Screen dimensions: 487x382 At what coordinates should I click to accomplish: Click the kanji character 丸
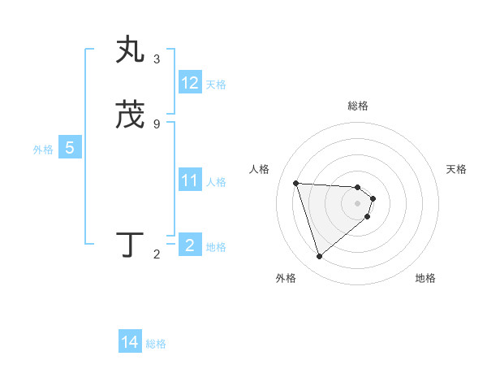(130, 50)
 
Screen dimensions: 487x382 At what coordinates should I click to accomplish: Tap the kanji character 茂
(130, 115)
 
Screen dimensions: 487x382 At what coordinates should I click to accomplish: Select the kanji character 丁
(130, 244)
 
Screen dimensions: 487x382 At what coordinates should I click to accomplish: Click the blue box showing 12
(190, 83)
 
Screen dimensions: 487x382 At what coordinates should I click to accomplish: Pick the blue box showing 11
(190, 180)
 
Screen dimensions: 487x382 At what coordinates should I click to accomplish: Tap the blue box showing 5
(70, 148)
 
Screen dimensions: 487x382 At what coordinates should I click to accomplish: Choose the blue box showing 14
(130, 342)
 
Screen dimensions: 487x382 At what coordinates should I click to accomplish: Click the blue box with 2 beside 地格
(190, 245)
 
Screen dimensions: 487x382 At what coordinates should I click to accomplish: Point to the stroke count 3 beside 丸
(157, 59)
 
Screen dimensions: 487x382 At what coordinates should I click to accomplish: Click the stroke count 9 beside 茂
(157, 124)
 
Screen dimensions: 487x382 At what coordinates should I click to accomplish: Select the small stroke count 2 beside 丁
(157, 254)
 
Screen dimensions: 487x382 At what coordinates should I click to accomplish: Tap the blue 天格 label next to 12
(216, 84)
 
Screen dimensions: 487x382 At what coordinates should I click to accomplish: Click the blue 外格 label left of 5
(43, 149)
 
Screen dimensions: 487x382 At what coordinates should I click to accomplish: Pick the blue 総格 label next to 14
(156, 343)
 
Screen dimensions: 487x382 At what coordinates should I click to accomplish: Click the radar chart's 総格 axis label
(358, 106)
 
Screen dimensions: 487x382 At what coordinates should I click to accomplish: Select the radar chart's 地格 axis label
(425, 278)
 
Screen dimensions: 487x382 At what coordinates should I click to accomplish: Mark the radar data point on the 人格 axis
(295, 183)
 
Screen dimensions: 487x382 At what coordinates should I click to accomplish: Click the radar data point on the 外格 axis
(319, 257)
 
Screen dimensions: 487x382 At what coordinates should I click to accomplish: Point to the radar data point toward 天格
(373, 198)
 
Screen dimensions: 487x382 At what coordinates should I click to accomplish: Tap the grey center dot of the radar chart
(358, 214)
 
